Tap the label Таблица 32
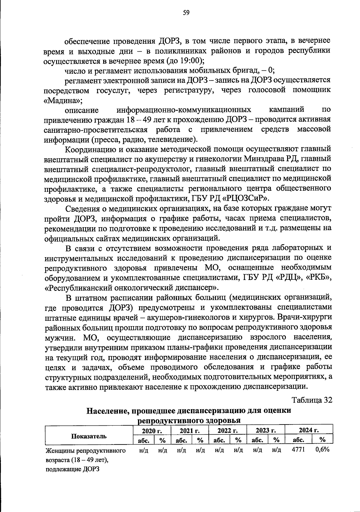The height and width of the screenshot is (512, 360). coord(312,400)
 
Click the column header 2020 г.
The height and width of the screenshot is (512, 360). coord(152,431)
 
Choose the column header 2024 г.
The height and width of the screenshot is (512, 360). coord(309,430)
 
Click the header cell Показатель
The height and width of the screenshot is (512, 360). coord(89,436)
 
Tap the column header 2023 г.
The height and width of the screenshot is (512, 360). coord(266,431)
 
